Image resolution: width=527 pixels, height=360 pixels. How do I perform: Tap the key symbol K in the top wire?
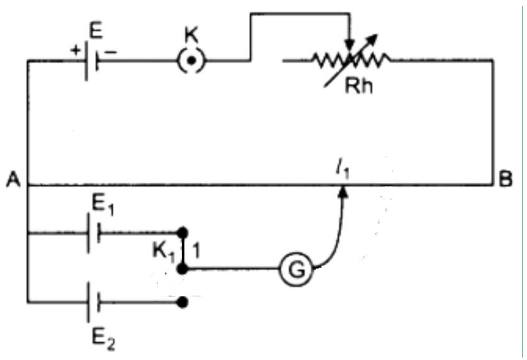192,61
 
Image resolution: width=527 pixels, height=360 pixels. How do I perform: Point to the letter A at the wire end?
11,179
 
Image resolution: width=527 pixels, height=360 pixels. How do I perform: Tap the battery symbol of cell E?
92,61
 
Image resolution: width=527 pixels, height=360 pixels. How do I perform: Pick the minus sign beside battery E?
109,49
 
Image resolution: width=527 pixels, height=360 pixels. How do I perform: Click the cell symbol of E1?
93,233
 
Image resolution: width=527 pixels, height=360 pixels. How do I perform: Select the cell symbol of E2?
93,302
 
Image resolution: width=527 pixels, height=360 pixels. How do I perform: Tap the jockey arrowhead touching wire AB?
343,191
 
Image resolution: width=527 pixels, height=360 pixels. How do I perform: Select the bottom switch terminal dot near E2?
184,302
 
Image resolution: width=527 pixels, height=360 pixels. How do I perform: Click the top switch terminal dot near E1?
184,233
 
